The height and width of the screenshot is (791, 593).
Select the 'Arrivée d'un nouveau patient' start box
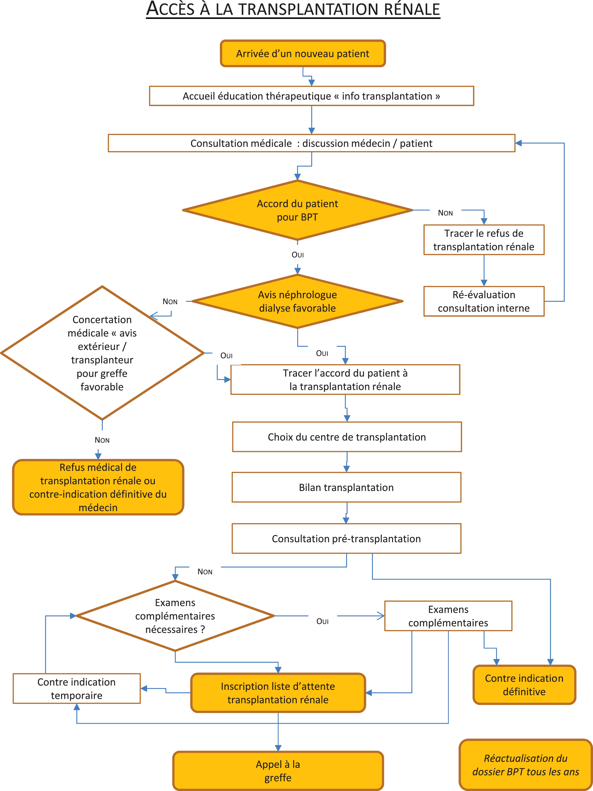pyautogui.click(x=303, y=53)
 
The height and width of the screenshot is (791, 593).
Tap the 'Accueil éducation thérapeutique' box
pyautogui.click(x=311, y=96)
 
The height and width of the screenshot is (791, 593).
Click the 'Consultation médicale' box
pyautogui.click(x=311, y=143)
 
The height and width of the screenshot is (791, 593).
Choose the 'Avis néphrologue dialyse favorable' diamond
pyautogui.click(x=297, y=301)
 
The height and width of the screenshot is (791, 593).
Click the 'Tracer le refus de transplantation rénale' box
pyautogui.click(x=484, y=240)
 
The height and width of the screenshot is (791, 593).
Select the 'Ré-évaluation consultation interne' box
pyautogui.click(x=484, y=301)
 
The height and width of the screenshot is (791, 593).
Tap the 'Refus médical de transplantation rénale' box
pyautogui.click(x=98, y=487)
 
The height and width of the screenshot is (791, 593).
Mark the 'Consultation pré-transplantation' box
pyautogui.click(x=346, y=539)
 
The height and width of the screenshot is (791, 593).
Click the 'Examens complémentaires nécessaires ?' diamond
pyautogui.click(x=175, y=616)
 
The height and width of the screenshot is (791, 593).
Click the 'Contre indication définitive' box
pyautogui.click(x=524, y=685)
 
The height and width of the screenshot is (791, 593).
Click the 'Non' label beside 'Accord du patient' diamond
pyautogui.click(x=445, y=213)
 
